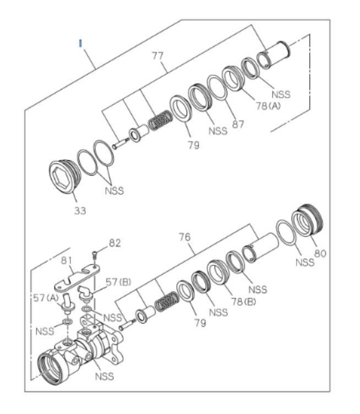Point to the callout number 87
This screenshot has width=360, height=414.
[238, 124]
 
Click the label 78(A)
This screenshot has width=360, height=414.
[268, 106]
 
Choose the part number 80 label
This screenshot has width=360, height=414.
[320, 254]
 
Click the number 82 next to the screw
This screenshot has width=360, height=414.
[114, 243]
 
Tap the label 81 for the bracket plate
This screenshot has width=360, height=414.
[66, 261]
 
